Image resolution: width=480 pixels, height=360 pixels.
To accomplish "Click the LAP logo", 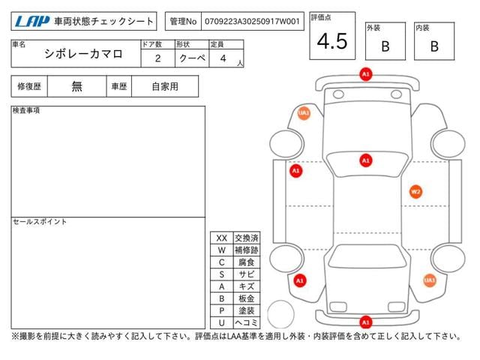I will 32,21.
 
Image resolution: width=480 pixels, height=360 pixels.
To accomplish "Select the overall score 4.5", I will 331,42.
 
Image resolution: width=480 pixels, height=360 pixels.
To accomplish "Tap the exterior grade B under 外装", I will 385,46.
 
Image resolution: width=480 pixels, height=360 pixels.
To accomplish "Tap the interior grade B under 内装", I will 433,46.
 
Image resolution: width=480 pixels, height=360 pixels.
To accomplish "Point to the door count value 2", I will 157,58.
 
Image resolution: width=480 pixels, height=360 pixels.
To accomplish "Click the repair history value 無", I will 77,86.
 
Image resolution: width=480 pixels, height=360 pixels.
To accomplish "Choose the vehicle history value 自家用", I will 165,86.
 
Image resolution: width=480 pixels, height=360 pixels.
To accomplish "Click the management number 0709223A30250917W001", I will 245,21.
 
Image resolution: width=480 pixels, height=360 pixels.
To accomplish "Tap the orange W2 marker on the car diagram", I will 415,191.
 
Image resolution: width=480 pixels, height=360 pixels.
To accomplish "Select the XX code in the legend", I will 221,238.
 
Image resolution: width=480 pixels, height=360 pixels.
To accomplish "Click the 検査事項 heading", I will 27,111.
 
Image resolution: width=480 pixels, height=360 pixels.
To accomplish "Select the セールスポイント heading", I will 39,222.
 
